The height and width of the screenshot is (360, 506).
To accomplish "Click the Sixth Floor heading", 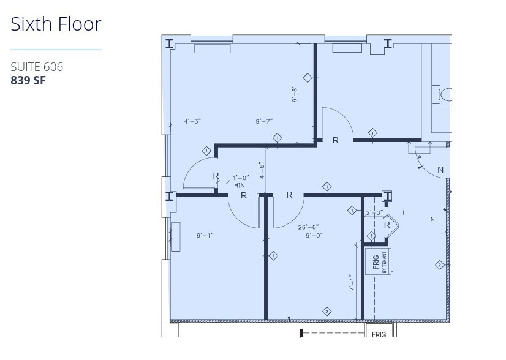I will (56, 24).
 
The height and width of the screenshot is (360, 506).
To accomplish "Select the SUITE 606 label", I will (37, 67).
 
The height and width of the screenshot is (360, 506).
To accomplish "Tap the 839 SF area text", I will (28, 80).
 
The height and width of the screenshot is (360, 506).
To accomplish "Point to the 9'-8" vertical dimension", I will (295, 93).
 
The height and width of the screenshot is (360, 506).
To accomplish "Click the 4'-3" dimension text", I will (192, 121).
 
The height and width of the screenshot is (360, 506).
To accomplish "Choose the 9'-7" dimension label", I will (264, 121).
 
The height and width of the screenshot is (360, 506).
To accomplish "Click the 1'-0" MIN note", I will (240, 181).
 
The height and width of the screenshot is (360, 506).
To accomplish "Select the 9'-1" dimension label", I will (205, 235).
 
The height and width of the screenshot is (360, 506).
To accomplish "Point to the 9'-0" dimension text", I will (314, 235).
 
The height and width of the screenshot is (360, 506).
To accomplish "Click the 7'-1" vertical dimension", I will (351, 283).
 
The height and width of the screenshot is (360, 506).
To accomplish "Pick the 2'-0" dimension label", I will (374, 213).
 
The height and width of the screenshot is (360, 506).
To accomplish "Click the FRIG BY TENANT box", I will (379, 261).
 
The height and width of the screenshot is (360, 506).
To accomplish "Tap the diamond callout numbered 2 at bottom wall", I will (327, 312).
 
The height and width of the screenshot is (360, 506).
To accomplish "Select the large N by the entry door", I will (440, 170).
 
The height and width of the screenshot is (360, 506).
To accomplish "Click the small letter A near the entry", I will (420, 157).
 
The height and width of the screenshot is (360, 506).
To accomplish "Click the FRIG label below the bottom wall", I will (379, 334).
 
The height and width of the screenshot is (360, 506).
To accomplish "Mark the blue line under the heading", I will (56, 50).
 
